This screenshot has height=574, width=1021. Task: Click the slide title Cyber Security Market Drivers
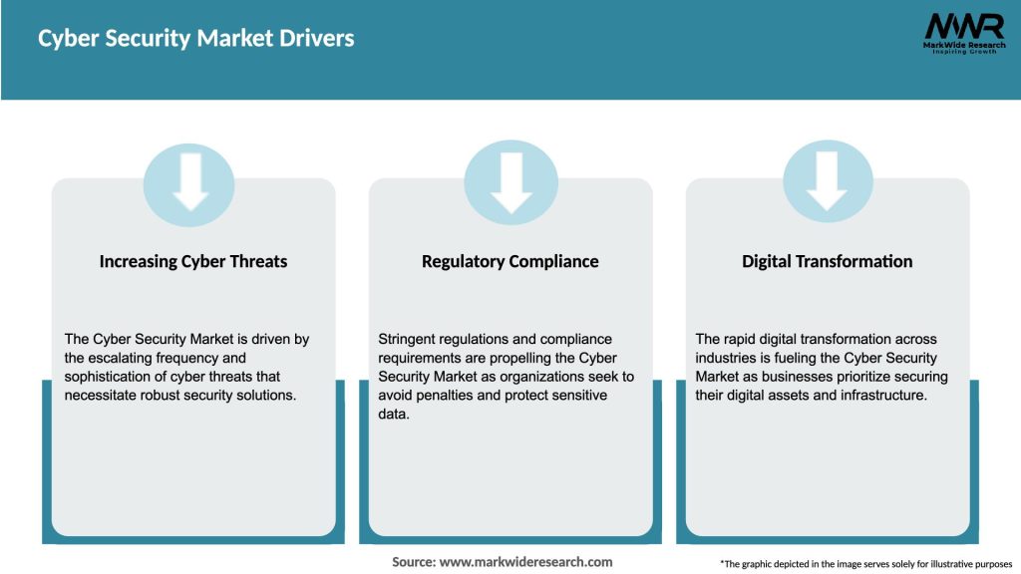pos(196,39)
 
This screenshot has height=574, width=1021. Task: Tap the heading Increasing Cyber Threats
pos(193,261)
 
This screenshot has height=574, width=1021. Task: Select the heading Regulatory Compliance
pos(510,261)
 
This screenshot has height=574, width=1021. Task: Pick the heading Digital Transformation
pos(827,261)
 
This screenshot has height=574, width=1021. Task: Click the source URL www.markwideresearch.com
pos(525,562)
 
